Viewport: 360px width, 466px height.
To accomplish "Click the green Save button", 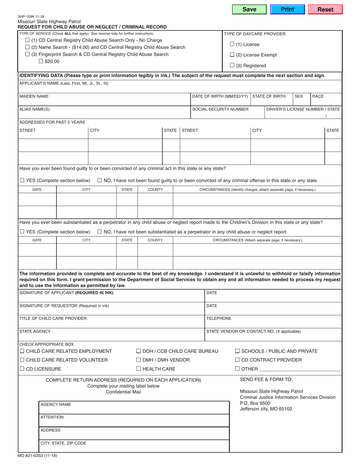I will pos(249,9).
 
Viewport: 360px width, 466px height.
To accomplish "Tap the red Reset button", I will pos(325,9).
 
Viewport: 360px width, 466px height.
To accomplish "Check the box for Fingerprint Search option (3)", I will pos(27,54).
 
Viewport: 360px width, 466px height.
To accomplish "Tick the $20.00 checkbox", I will pos(41,61).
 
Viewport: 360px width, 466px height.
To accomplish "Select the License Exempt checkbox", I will pos(232,55).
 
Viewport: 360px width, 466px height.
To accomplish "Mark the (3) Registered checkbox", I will pos(232,65).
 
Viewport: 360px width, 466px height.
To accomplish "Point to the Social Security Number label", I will pos(220,109).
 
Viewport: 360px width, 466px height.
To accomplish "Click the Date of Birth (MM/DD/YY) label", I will pos(220,96).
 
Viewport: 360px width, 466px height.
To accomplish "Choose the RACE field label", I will pos(318,96).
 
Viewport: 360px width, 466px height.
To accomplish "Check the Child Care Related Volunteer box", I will pos(22,360).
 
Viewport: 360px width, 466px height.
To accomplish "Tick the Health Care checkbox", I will pos(139,368).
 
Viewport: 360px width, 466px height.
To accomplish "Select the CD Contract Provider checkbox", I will pos(237,360).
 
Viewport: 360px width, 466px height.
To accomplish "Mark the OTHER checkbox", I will pos(237,368).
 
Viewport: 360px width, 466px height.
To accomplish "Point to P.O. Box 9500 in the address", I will pos(255,403).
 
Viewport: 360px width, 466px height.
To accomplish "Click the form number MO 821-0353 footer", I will pos(37,456).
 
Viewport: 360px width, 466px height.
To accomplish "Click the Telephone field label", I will pos(219,318).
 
